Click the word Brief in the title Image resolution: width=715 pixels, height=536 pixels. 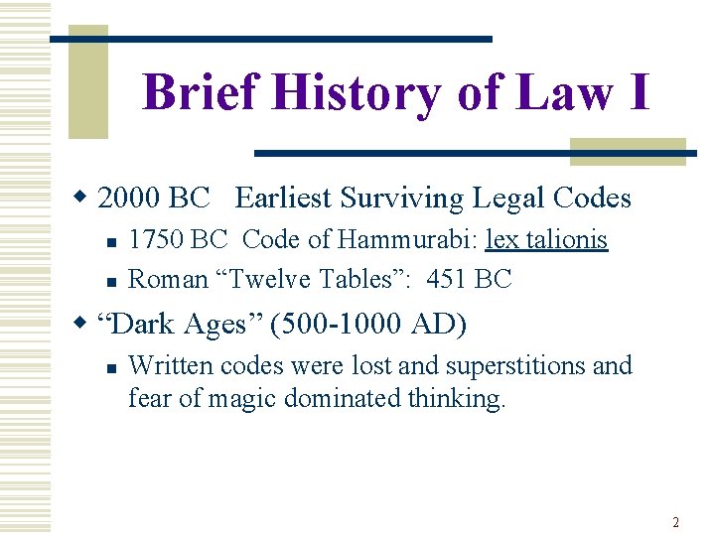coord(202,93)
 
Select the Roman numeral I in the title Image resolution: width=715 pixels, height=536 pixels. coord(636,93)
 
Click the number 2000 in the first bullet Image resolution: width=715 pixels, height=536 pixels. coord(130,199)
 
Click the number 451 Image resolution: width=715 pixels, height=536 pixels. coord(447,279)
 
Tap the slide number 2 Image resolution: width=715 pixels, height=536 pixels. coord(675,522)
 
